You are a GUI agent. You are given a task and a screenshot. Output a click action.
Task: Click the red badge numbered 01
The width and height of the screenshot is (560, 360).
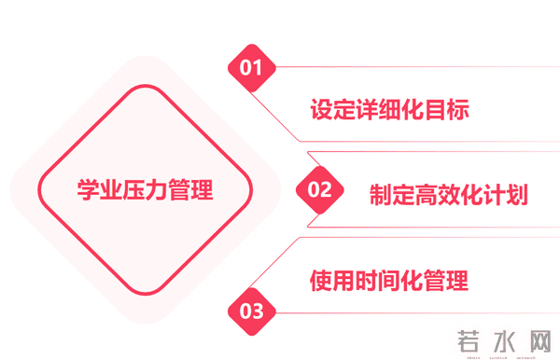coord(251,67)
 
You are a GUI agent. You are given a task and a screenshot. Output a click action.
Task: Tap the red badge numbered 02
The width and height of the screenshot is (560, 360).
coord(319,189)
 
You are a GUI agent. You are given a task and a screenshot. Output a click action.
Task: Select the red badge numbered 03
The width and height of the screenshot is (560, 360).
coord(251,312)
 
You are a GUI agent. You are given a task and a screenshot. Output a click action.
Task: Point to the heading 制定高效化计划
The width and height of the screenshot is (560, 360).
coord(448,195)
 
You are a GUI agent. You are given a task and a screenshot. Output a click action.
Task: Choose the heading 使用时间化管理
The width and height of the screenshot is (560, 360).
coord(389,280)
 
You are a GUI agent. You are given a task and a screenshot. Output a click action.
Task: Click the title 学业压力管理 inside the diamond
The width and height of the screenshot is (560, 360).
coord(145,190)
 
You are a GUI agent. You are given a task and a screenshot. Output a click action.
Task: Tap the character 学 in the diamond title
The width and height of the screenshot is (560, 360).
coord(88,190)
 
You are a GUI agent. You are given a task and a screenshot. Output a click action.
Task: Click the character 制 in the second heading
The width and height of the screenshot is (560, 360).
coord(380,195)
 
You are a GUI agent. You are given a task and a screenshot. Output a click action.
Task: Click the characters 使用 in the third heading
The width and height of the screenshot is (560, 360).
coord(332,280)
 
